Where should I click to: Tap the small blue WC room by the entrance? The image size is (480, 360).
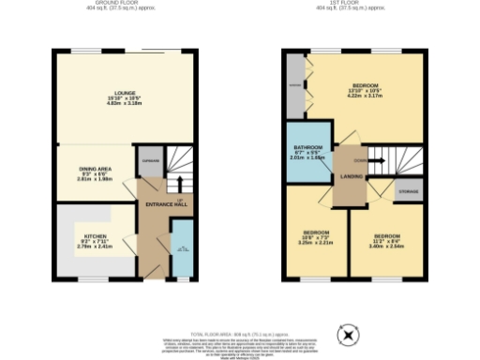[184, 248]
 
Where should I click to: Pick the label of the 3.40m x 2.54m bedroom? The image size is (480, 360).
[386, 239]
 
